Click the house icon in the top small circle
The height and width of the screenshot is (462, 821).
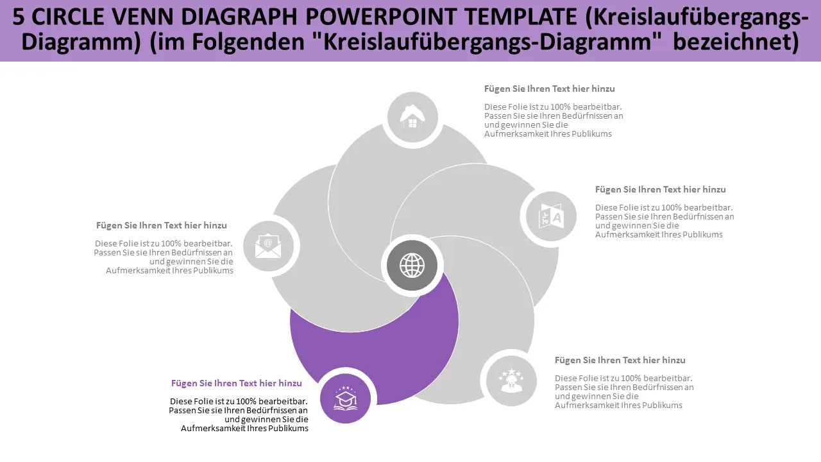click(x=412, y=116)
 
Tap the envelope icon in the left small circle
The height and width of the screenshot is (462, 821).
click(x=268, y=245)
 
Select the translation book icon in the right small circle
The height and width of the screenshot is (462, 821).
click(x=551, y=216)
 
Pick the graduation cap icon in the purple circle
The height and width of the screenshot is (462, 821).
click(x=345, y=398)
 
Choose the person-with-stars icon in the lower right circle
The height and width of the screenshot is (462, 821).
click(x=511, y=381)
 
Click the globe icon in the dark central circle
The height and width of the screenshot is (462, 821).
click(x=412, y=265)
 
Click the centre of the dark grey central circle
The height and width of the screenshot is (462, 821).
click(x=412, y=265)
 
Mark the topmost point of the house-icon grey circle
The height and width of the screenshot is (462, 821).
click(x=412, y=92)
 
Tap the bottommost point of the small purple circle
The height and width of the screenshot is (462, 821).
click(x=345, y=424)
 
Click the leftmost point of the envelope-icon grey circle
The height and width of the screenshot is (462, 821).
click(x=243, y=246)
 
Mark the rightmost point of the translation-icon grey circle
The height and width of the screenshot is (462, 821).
click(x=577, y=216)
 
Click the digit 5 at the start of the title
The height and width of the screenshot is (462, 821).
click(x=19, y=17)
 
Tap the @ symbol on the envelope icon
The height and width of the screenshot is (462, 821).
click(x=268, y=243)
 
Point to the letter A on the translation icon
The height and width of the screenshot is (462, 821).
click(x=557, y=218)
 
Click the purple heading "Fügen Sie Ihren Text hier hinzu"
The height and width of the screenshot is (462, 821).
click(x=237, y=383)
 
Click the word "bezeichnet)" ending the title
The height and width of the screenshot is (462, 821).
click(x=736, y=42)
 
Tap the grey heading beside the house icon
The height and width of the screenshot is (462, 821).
click(x=550, y=89)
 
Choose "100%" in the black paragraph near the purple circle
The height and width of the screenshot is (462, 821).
click(x=246, y=401)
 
